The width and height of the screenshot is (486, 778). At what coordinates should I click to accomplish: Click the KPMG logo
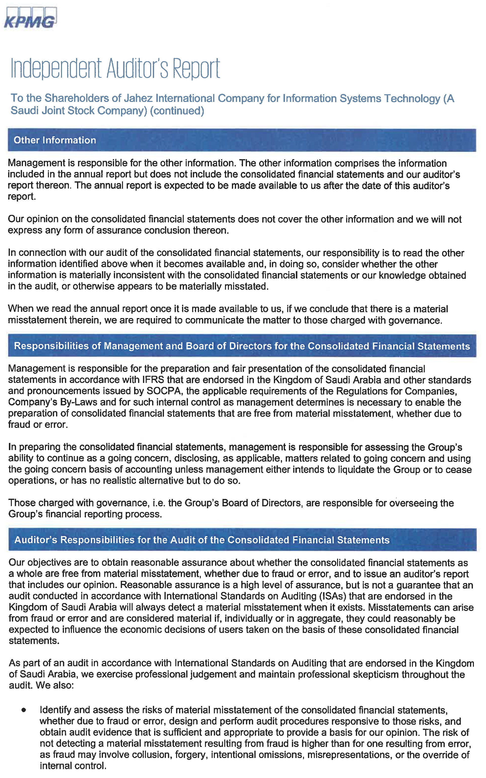pyautogui.click(x=30, y=18)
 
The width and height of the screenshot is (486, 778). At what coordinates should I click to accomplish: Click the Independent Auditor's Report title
pyautogui.click(x=115, y=68)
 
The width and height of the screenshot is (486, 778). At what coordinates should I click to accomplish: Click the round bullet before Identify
pyautogui.click(x=23, y=710)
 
